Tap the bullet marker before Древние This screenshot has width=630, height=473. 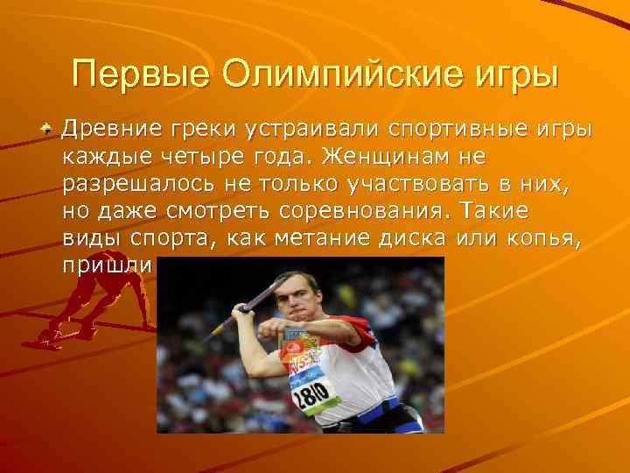tap(52, 130)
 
